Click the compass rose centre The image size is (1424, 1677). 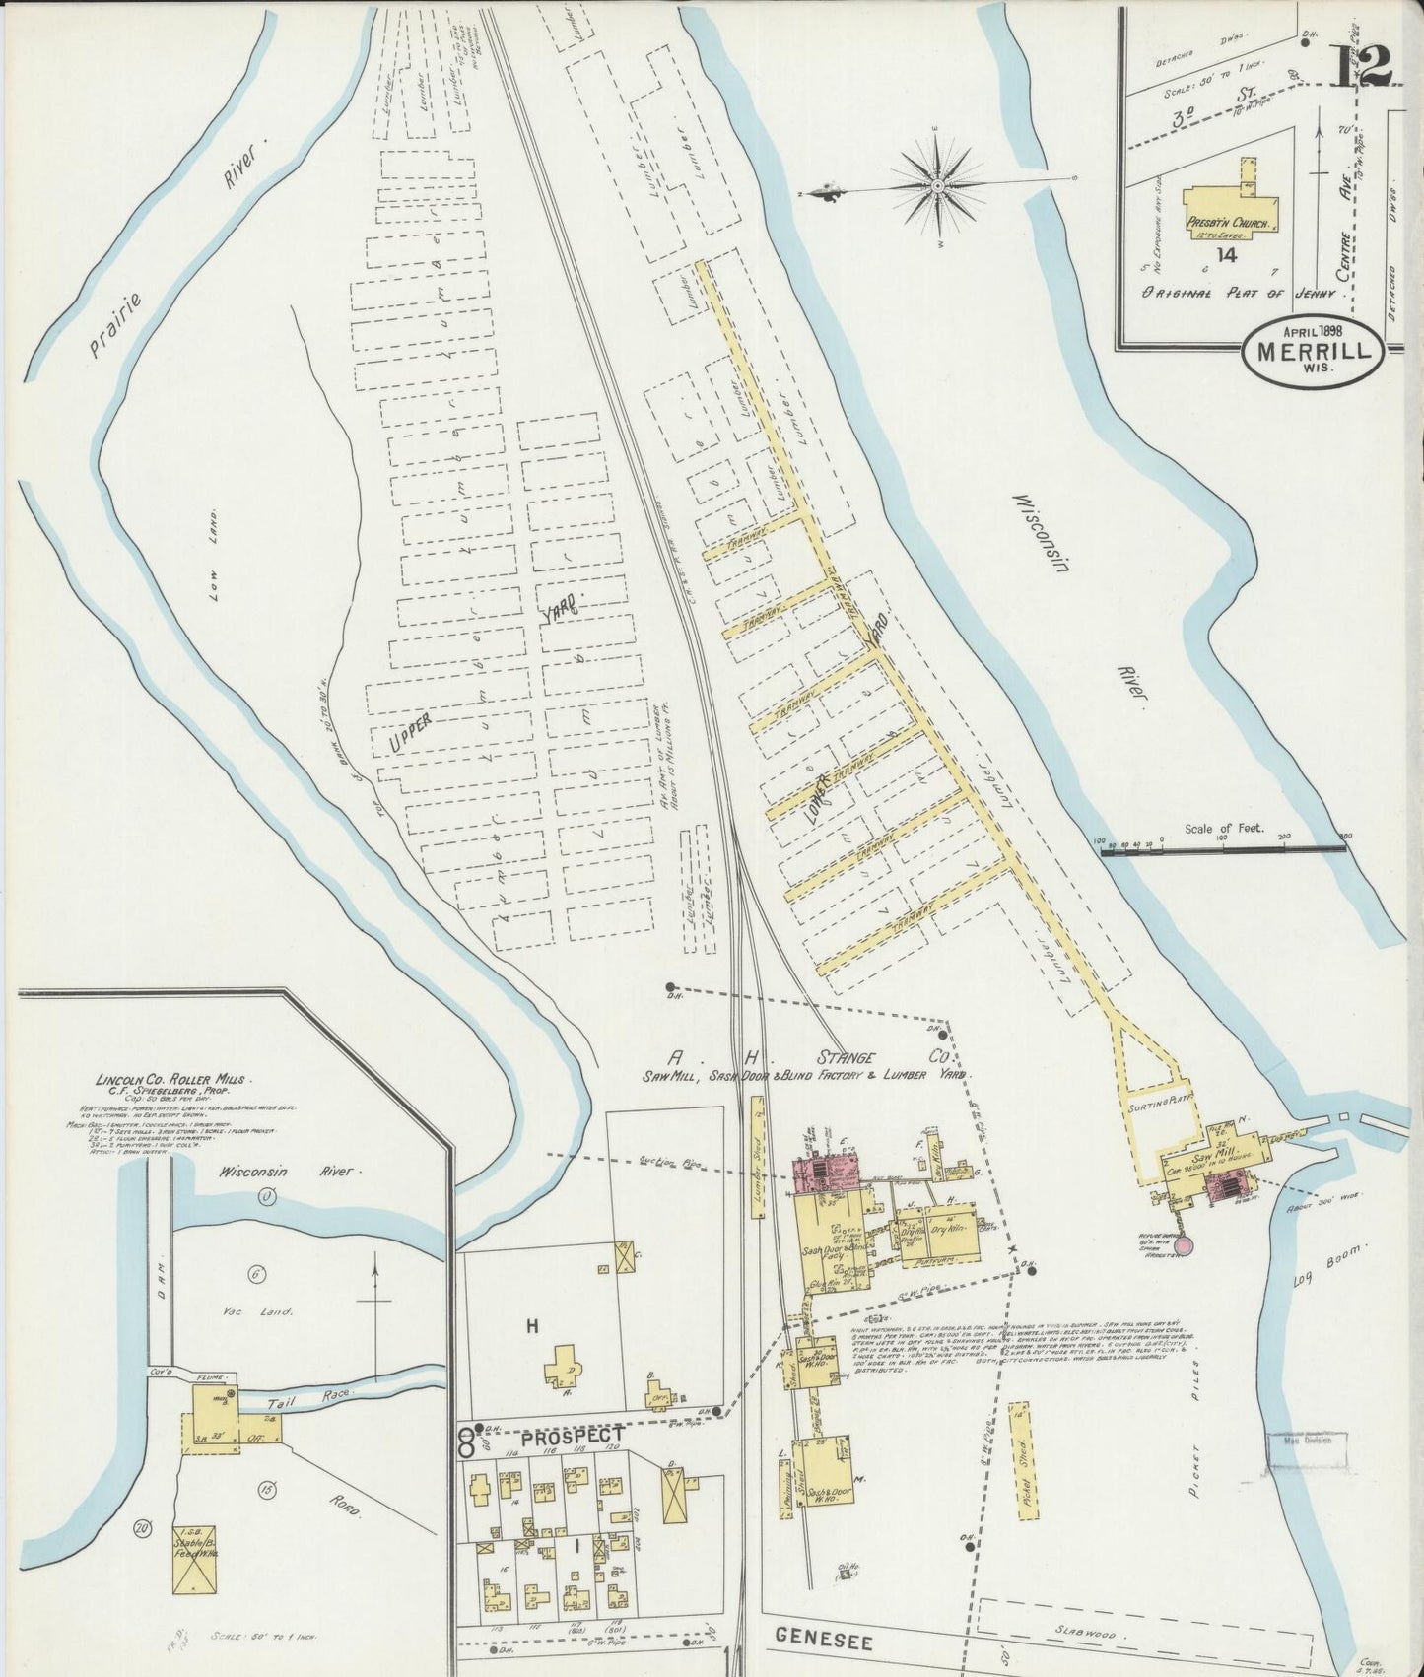(937, 185)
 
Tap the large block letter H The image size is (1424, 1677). (532, 1327)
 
